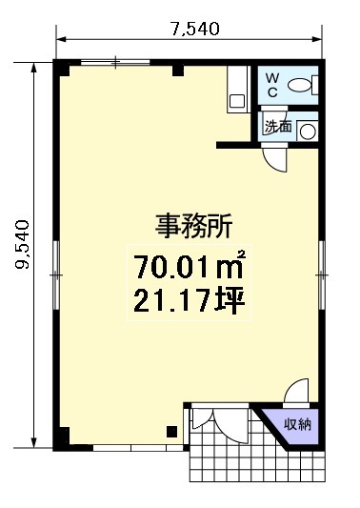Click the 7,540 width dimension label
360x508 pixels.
click(195, 30)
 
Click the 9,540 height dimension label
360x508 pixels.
click(23, 244)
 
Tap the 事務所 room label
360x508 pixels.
click(193, 226)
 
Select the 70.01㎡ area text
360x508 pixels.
click(190, 267)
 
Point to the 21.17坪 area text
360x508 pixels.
click(189, 300)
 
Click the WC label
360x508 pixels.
click(272, 85)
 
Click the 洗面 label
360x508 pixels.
click(278, 126)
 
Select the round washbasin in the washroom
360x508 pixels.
click(308, 132)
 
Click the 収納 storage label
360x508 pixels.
click(297, 424)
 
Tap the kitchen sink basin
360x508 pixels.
click(237, 101)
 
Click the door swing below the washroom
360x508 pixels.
click(275, 159)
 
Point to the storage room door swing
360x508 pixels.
click(296, 391)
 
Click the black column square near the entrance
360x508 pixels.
click(172, 432)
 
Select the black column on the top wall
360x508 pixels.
click(178, 71)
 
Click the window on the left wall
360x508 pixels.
click(56, 275)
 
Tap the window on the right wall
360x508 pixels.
click(322, 275)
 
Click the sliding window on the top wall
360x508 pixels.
click(115, 62)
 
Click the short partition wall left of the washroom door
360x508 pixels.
click(234, 145)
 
